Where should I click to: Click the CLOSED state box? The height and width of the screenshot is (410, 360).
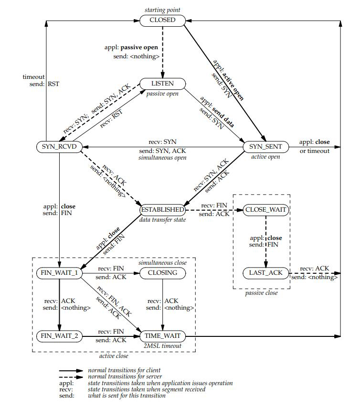162,20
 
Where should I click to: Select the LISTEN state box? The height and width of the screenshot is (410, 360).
162,84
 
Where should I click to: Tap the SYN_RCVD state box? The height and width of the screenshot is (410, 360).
57,146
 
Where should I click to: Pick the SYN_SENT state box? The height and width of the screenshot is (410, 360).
266,146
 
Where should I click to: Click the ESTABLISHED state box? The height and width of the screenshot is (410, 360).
162,209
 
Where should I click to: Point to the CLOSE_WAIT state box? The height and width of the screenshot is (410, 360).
265,209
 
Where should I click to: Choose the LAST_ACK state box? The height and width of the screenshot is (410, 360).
265,273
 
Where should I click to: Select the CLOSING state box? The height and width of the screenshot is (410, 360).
163,273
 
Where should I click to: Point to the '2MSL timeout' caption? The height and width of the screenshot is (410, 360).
162,345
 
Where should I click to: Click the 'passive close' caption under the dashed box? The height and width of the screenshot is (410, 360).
261,293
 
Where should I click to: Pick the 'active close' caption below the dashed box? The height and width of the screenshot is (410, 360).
115,356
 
